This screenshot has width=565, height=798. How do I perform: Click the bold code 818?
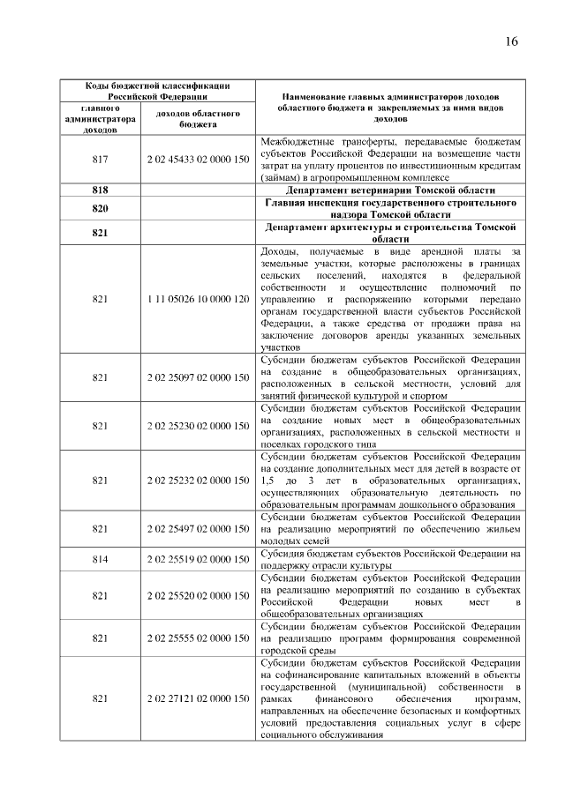click(x=100, y=190)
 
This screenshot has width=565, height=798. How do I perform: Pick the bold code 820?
click(x=100, y=208)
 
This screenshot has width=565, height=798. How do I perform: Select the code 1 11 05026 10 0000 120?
click(x=198, y=300)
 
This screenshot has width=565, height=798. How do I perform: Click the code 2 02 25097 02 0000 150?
click(x=198, y=377)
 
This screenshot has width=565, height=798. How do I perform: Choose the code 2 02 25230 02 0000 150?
click(x=198, y=426)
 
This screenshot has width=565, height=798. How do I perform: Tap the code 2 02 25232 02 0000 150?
click(x=198, y=481)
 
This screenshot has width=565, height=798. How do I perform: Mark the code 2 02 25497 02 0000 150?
click(x=198, y=529)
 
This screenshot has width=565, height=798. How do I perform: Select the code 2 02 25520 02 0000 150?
click(x=198, y=595)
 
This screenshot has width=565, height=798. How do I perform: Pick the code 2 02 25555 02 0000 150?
click(x=198, y=638)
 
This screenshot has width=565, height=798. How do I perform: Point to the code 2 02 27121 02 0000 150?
click(x=198, y=698)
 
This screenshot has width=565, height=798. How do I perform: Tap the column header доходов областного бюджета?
click(x=198, y=119)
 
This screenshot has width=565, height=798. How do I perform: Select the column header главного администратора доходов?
click(x=100, y=119)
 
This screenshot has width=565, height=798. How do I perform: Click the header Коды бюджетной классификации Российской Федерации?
click(x=157, y=91)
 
